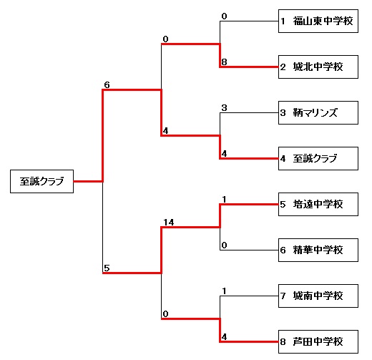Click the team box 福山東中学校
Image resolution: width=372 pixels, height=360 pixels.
[x=318, y=21]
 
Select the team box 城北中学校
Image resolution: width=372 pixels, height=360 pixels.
[x=318, y=67]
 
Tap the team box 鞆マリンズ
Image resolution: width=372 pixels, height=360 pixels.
[x=318, y=112]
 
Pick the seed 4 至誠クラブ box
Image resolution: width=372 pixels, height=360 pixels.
[x=318, y=158]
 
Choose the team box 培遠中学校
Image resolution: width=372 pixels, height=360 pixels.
[x=318, y=204]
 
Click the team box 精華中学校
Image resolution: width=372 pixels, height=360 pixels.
[x=318, y=250]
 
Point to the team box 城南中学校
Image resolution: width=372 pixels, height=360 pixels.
[x=318, y=296]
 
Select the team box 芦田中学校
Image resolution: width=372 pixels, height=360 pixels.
[x=318, y=341]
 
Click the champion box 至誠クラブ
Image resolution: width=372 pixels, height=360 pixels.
[x=41, y=181]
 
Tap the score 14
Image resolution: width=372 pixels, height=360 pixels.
[x=169, y=223]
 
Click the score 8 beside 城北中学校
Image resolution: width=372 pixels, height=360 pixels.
[x=224, y=62]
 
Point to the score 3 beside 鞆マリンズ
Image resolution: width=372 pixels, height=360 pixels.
[x=224, y=108]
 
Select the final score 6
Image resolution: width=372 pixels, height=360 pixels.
[x=107, y=84]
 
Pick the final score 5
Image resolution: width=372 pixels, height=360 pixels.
[x=107, y=268]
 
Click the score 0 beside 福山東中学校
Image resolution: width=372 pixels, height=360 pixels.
[x=224, y=16]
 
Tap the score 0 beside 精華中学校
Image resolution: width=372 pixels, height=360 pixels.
[x=224, y=245]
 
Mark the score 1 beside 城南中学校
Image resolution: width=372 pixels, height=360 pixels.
[x=224, y=291]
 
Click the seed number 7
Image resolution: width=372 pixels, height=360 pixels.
[x=283, y=296]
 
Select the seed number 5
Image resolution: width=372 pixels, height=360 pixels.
[x=283, y=204]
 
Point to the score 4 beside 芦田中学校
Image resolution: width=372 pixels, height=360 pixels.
[x=224, y=337]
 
